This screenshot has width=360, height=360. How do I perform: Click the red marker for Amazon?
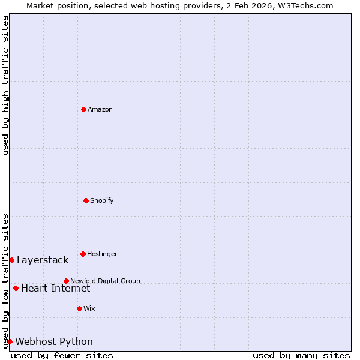83,109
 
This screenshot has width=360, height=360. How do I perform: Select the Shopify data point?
86,200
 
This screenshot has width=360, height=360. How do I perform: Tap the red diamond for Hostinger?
83,254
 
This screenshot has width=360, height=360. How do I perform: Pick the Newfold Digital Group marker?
66,281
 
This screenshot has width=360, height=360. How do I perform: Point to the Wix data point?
79,308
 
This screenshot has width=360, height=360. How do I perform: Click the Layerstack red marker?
11,260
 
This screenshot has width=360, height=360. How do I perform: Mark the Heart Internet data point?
16,288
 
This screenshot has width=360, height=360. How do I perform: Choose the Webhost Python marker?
10,341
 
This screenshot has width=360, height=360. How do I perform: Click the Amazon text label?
100,109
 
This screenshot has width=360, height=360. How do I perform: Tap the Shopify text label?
102,200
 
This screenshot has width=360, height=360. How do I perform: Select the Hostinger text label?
102,254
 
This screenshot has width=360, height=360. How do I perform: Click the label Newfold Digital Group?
105,281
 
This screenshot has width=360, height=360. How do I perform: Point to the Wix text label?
89,308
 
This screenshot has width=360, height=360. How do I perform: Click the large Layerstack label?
43,260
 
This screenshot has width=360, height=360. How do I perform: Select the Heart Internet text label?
55,288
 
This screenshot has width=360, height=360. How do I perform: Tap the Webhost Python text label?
54,341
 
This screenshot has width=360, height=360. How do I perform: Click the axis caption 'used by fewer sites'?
62,355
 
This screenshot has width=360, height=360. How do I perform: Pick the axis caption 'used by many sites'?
301,355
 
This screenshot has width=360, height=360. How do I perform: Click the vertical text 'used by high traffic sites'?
5,85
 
